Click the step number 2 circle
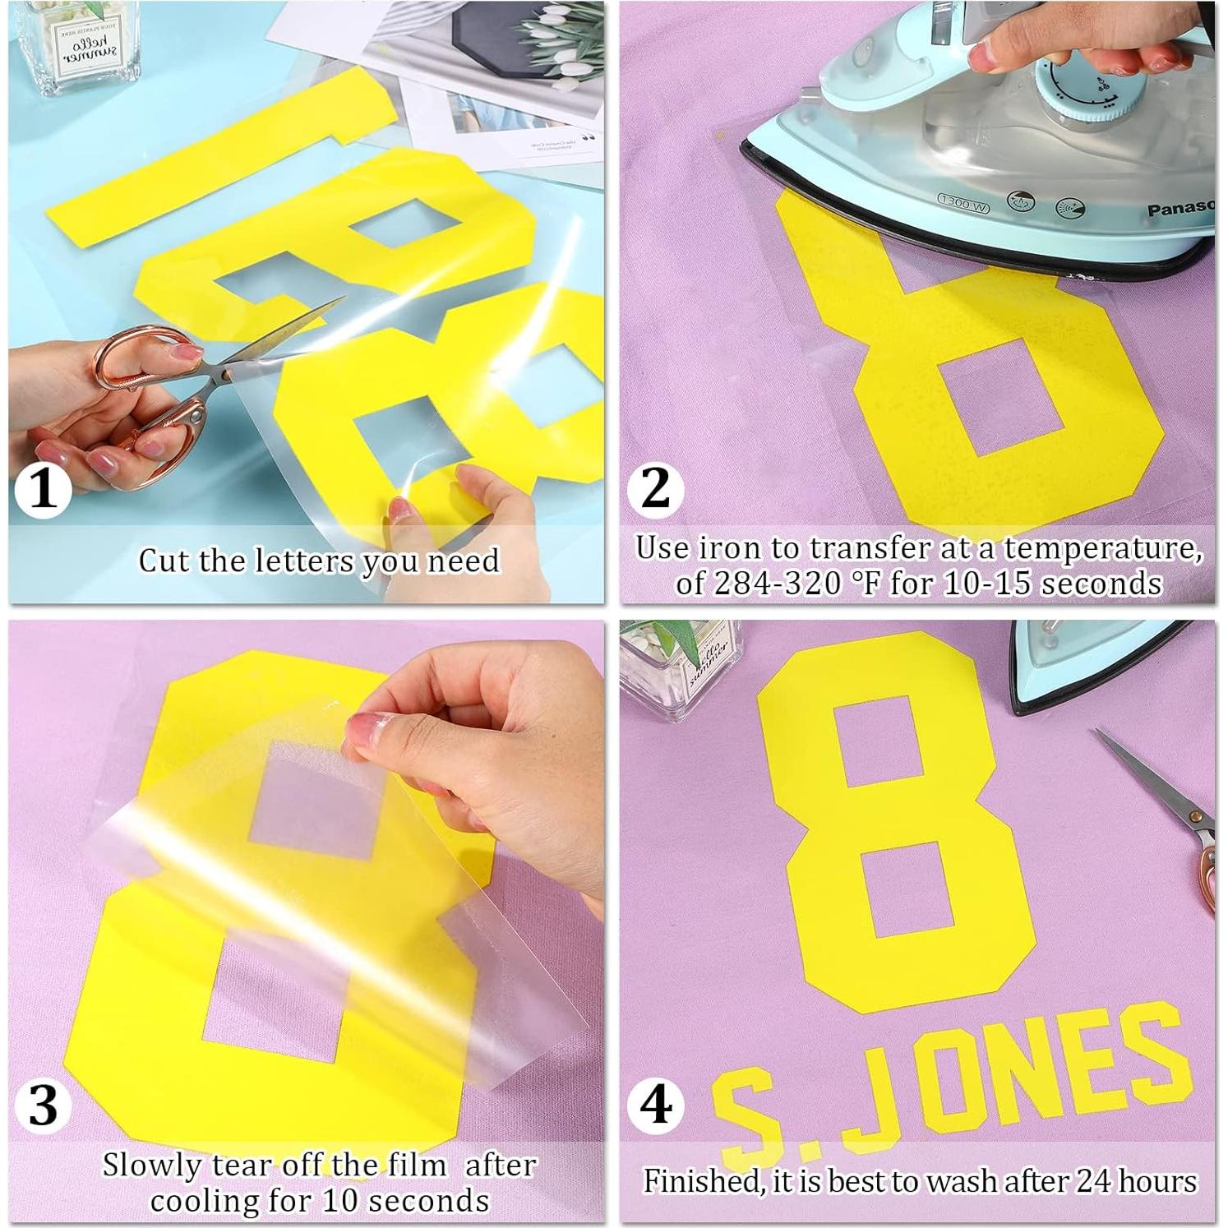[x=655, y=489]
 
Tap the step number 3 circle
[x=43, y=1104]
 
